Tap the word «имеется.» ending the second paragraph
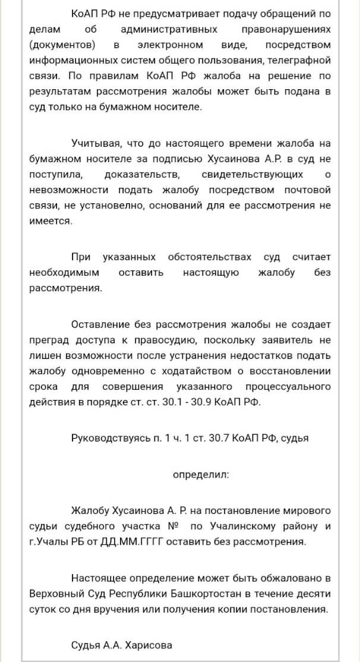pyautogui.click(x=50, y=220)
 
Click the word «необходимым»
pyautogui.click(x=64, y=272)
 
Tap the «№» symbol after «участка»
pyautogui.click(x=174, y=527)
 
